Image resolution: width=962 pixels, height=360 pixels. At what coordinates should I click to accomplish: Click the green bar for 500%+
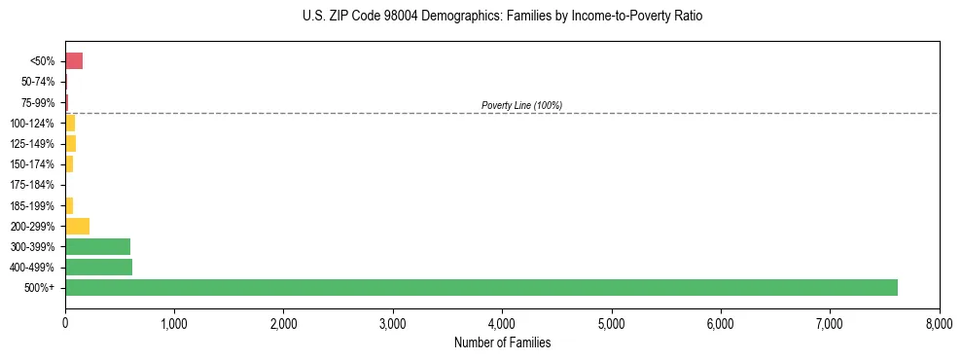tap(481, 287)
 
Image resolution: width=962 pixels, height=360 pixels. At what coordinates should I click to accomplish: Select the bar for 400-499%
tap(98, 267)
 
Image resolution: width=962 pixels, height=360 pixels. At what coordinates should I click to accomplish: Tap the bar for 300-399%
tap(97, 246)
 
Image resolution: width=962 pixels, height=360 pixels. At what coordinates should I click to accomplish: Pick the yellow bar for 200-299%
tap(77, 226)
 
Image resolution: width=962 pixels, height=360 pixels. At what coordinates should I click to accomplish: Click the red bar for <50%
tap(74, 61)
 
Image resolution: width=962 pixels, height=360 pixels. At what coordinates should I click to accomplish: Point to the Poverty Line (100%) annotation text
tap(521, 105)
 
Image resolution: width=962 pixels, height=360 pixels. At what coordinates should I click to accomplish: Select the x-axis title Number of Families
tap(502, 342)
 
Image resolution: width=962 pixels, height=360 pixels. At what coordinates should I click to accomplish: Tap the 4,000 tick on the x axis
tap(502, 321)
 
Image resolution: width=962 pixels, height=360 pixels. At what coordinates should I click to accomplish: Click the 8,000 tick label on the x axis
tap(939, 321)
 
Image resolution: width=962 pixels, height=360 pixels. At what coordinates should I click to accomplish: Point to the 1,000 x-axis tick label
tap(174, 321)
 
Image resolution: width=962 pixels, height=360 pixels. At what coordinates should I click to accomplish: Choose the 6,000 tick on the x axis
tap(721, 321)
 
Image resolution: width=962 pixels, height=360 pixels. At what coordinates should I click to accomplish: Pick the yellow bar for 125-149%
tap(70, 144)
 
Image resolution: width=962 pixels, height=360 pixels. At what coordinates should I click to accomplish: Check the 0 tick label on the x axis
tap(65, 321)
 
